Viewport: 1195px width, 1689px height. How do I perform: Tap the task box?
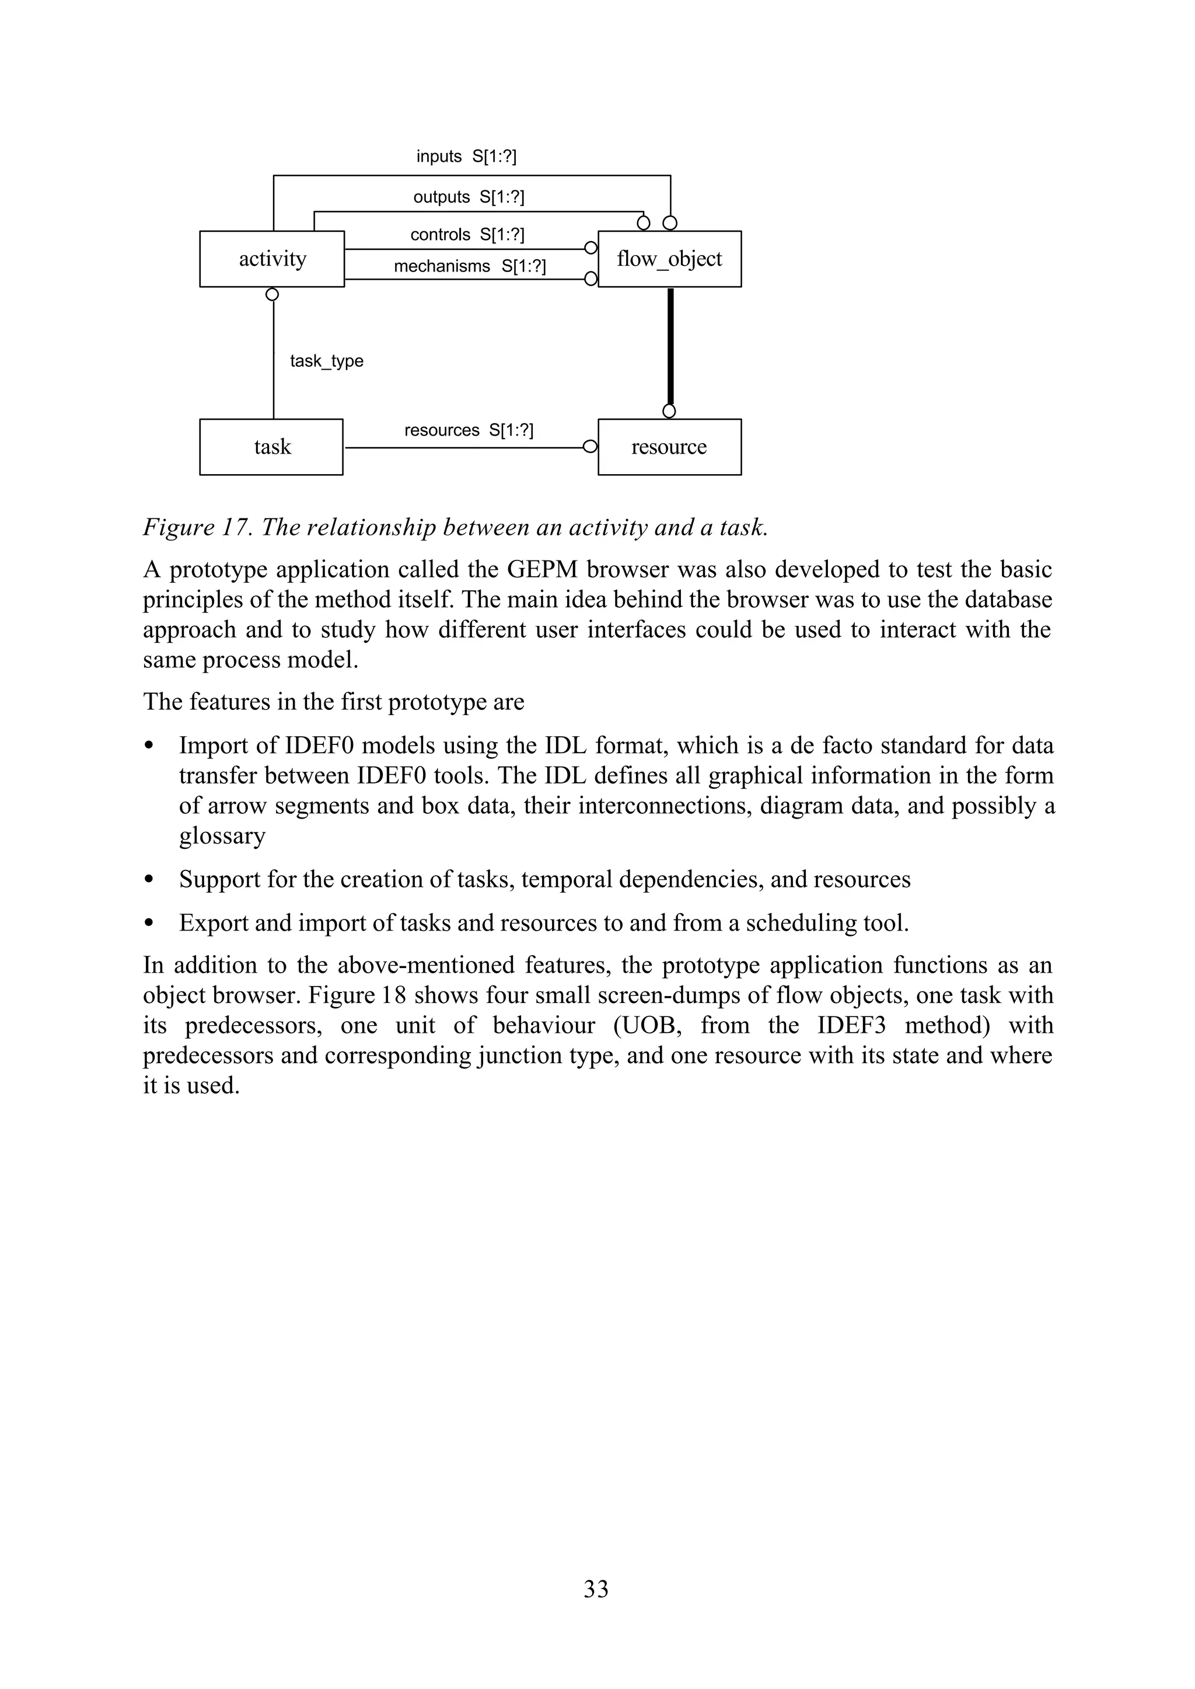(x=271, y=447)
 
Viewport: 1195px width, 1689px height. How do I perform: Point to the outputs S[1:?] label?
(x=468, y=197)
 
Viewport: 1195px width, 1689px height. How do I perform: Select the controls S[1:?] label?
(x=467, y=234)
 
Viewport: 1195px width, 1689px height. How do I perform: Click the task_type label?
(x=326, y=361)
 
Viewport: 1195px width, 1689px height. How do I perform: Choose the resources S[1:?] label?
(x=468, y=430)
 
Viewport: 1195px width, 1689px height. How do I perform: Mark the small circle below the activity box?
(x=272, y=294)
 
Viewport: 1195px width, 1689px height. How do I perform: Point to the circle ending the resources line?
(x=589, y=447)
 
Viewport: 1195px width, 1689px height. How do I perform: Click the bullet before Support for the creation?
(x=149, y=879)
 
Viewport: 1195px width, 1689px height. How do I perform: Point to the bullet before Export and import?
(x=149, y=922)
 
